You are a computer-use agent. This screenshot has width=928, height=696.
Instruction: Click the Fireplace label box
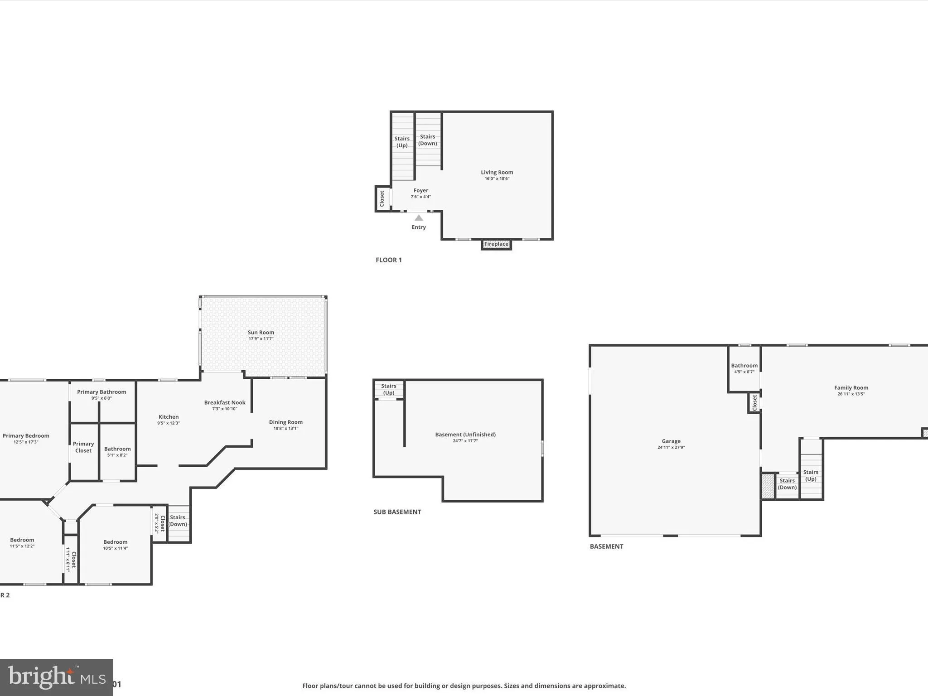(x=496, y=244)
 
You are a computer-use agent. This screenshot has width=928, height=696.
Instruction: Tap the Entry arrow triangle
(x=419, y=218)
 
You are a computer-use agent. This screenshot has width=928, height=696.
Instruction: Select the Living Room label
(x=497, y=172)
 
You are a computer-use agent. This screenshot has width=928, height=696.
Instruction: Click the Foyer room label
(x=420, y=191)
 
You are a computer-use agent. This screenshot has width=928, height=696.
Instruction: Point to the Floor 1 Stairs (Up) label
(x=402, y=142)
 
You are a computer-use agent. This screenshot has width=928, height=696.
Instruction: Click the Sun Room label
(x=261, y=333)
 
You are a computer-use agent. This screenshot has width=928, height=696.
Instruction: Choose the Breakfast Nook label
(x=224, y=402)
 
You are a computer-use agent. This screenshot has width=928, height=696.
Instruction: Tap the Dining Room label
(x=285, y=422)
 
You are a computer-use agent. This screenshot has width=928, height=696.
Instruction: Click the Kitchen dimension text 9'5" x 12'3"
(x=169, y=423)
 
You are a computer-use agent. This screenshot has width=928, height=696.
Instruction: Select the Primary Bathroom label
(x=101, y=392)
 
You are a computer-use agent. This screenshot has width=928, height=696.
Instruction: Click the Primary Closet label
(x=83, y=447)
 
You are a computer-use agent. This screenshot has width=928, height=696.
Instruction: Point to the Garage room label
(x=671, y=441)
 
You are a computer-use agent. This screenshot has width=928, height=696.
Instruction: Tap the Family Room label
(x=851, y=387)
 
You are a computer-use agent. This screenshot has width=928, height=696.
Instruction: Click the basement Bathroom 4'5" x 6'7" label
(x=744, y=368)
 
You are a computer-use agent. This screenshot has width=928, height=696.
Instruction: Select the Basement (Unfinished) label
(x=465, y=435)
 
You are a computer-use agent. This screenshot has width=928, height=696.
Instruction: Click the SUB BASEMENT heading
(x=397, y=512)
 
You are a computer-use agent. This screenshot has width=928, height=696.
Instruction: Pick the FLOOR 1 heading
(x=388, y=260)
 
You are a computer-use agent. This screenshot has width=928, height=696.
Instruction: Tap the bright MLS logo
(x=56, y=677)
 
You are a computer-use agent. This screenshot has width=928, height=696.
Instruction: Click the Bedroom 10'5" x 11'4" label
(x=115, y=542)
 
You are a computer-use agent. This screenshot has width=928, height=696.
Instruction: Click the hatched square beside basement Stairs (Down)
(x=768, y=486)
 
